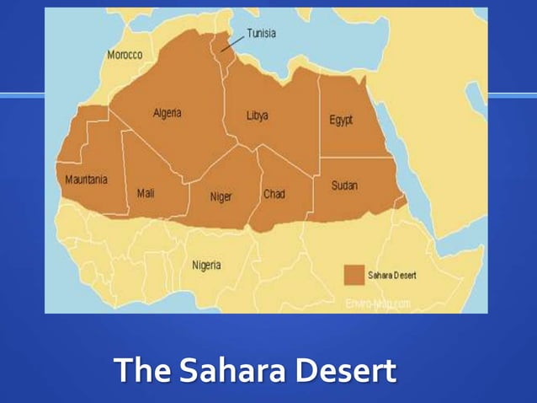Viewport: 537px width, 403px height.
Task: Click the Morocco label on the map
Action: point(125,55)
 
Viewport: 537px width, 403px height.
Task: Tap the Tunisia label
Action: point(261,34)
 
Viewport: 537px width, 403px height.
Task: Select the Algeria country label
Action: point(167,113)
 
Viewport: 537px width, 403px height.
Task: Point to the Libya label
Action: point(258,116)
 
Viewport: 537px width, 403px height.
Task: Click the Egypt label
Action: point(341,120)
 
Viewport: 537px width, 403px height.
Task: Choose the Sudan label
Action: point(344,185)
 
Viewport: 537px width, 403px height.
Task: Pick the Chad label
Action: point(274,194)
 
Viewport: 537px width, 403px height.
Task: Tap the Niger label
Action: point(221,197)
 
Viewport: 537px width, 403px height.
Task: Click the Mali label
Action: point(146,193)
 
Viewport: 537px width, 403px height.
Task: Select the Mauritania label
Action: point(87,180)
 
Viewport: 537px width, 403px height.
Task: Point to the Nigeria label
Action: point(206,266)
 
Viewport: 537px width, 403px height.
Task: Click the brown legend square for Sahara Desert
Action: point(354,275)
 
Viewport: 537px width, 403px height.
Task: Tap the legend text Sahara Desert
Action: point(392,276)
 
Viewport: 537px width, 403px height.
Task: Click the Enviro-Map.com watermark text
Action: point(379,302)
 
